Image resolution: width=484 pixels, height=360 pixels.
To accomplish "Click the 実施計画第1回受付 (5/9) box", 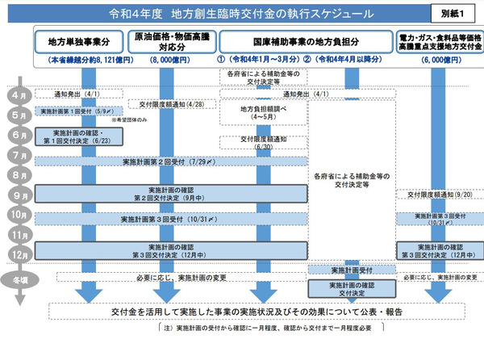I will [78, 112].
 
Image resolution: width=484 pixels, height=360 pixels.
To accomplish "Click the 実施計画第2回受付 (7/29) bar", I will [170, 162].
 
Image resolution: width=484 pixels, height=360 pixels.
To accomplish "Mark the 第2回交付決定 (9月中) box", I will [170, 194].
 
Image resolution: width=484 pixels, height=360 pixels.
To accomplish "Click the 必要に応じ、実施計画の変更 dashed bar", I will [170, 277].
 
